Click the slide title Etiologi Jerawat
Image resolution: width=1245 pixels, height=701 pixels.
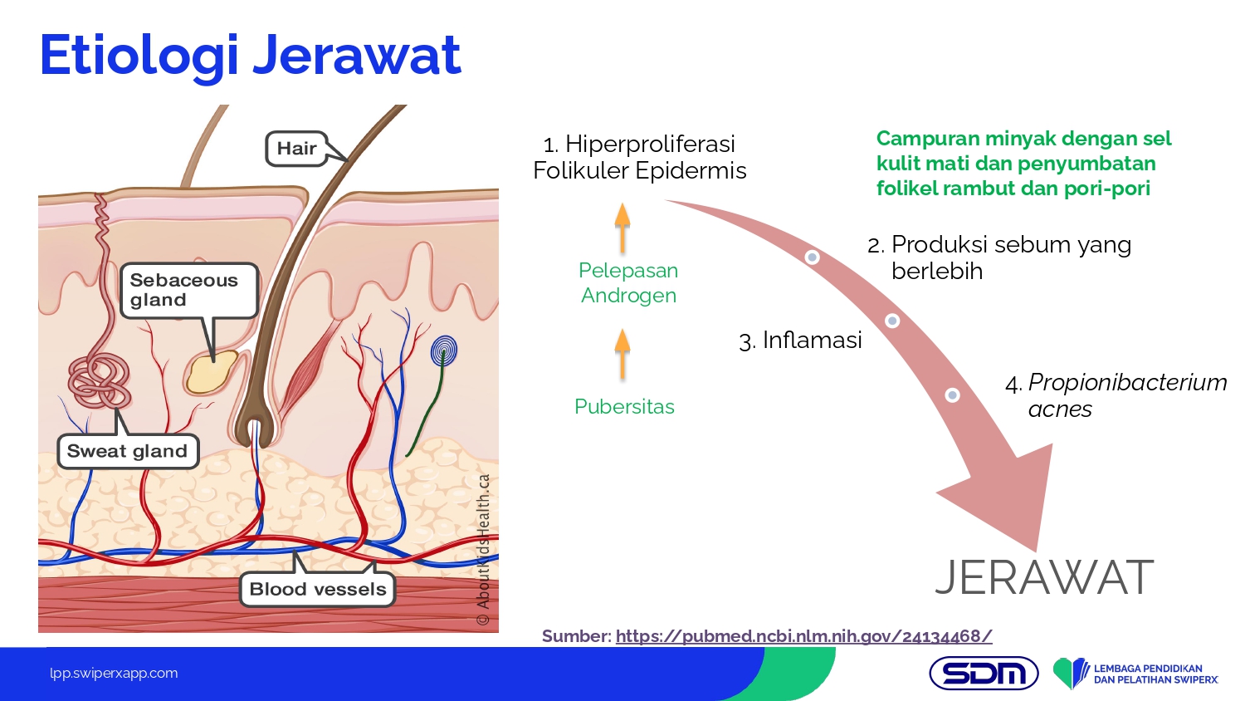point(250,56)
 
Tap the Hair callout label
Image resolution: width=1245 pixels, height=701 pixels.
point(296,149)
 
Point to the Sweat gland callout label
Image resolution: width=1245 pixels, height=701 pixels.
point(127,451)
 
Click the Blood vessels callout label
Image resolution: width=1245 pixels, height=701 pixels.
point(317,589)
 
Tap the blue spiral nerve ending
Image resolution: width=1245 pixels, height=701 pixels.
point(444,351)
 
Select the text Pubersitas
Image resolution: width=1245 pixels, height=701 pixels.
point(624,406)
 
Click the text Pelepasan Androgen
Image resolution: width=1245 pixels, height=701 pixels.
point(628,282)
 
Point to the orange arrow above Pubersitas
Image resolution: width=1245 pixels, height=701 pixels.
point(622,352)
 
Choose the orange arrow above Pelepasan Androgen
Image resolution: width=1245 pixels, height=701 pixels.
point(622,227)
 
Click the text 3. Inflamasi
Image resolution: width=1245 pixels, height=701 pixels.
point(800,340)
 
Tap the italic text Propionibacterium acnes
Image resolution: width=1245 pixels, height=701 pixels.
point(1116,395)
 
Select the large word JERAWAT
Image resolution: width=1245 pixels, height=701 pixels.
point(1044,578)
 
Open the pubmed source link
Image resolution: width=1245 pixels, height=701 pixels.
point(803,636)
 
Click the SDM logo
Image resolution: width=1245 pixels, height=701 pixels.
point(984,673)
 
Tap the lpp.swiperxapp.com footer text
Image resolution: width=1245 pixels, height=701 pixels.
point(114,673)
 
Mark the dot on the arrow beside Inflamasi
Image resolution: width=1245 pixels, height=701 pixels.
point(892,321)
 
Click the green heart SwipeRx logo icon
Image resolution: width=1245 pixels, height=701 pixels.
point(1071,673)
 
